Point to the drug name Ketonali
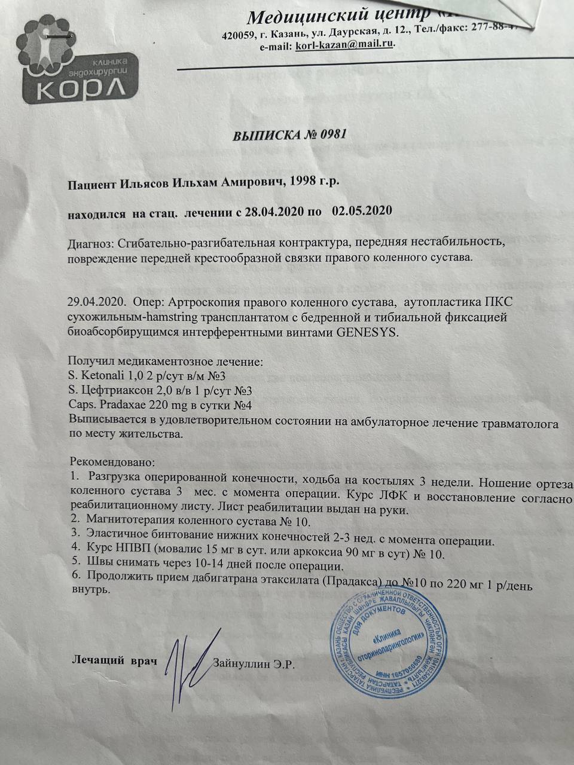97,377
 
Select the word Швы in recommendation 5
98,565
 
